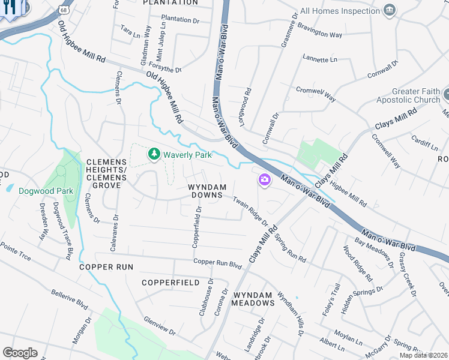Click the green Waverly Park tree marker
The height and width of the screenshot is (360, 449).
tap(155, 154)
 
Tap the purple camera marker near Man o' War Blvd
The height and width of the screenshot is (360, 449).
tap(264, 179)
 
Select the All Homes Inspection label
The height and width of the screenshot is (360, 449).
tap(340, 11)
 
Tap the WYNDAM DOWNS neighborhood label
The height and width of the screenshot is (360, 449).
tap(206, 191)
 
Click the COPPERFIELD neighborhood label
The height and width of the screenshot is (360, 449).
tap(170, 282)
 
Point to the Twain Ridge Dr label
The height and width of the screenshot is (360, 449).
tap(250, 212)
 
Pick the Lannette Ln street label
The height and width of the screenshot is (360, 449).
tap(321, 60)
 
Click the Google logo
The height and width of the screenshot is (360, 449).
tap(20, 353)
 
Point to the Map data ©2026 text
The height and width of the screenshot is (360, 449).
tap(424, 355)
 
